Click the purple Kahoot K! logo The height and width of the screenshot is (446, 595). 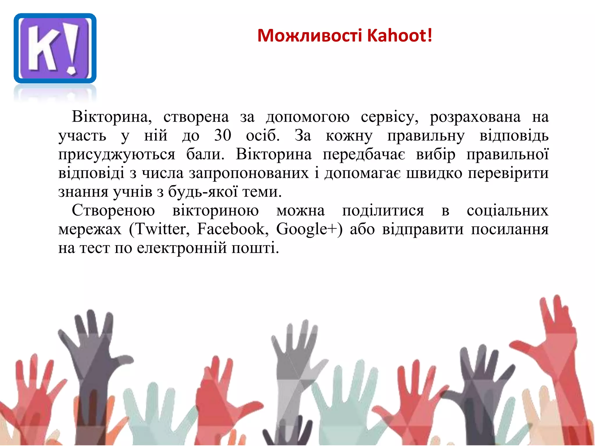(x=55, y=48)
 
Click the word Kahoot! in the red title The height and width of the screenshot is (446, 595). (x=400, y=35)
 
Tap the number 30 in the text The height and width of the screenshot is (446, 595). (x=223, y=135)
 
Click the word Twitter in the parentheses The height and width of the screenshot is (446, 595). (x=161, y=229)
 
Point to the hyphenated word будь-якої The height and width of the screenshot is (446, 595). (x=203, y=192)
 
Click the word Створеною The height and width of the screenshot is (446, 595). (x=113, y=210)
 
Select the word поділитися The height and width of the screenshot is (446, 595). (x=383, y=211)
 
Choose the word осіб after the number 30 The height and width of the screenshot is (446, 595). (x=263, y=135)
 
